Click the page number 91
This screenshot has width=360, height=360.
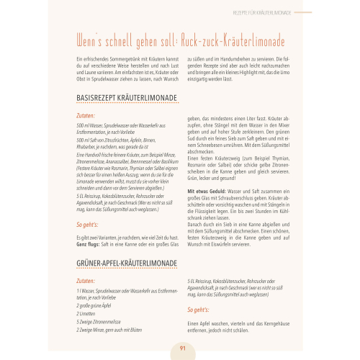pos(181,348)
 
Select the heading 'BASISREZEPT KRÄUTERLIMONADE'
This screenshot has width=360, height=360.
pos(118,99)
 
